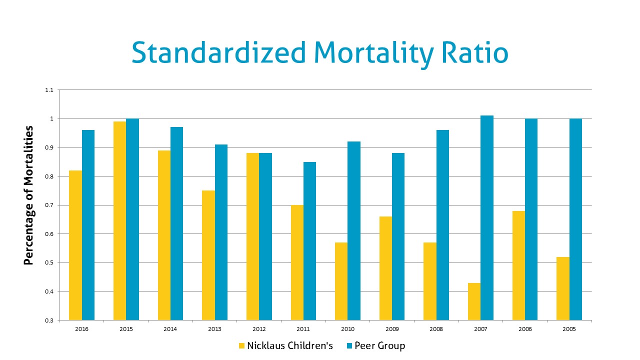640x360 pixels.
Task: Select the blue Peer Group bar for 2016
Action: pos(88,225)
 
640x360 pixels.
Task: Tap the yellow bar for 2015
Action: pos(119,220)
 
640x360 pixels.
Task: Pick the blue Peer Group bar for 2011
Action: pos(309,241)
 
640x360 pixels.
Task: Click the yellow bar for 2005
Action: pos(562,288)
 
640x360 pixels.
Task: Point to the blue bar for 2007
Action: pos(487,218)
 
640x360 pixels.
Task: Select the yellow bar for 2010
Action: pos(341,281)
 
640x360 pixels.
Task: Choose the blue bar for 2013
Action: pos(221,232)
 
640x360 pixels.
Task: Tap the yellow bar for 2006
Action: pos(518,265)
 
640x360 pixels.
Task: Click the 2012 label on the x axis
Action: pos(258,328)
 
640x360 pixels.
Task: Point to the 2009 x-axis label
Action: pos(391,328)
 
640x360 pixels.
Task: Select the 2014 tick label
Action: pos(170,328)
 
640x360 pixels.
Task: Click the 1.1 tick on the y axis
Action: pos(48,90)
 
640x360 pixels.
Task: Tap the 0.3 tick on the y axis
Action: pos(48,320)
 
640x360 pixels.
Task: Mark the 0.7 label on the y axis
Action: pos(48,205)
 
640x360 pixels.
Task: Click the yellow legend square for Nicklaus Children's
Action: pos(242,346)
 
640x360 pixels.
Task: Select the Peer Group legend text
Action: pos(380,346)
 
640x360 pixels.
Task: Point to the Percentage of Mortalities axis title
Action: pos(29,195)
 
